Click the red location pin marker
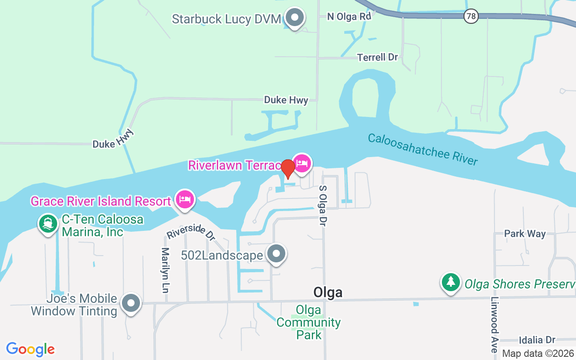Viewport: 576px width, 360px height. pos(288,168)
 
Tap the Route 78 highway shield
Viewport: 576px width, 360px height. pos(470,17)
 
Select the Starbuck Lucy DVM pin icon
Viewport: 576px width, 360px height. pos(295,18)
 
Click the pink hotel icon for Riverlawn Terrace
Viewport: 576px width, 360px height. pos(302,163)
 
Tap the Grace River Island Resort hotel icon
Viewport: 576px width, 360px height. pos(185,199)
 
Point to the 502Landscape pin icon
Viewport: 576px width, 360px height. pos(276,254)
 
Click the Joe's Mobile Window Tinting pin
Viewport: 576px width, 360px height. pos(131,303)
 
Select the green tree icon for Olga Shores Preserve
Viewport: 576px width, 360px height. pos(450,282)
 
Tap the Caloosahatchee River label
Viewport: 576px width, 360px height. pos(423,149)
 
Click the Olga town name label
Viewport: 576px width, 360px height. pos(328,292)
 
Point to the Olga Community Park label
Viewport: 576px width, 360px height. pos(309,322)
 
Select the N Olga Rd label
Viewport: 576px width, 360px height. pos(349,17)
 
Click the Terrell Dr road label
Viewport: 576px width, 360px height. pos(378,57)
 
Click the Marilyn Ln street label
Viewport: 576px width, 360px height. pos(166,270)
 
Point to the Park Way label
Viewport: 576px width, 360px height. pos(525,234)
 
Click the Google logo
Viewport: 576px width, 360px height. pos(31,349)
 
